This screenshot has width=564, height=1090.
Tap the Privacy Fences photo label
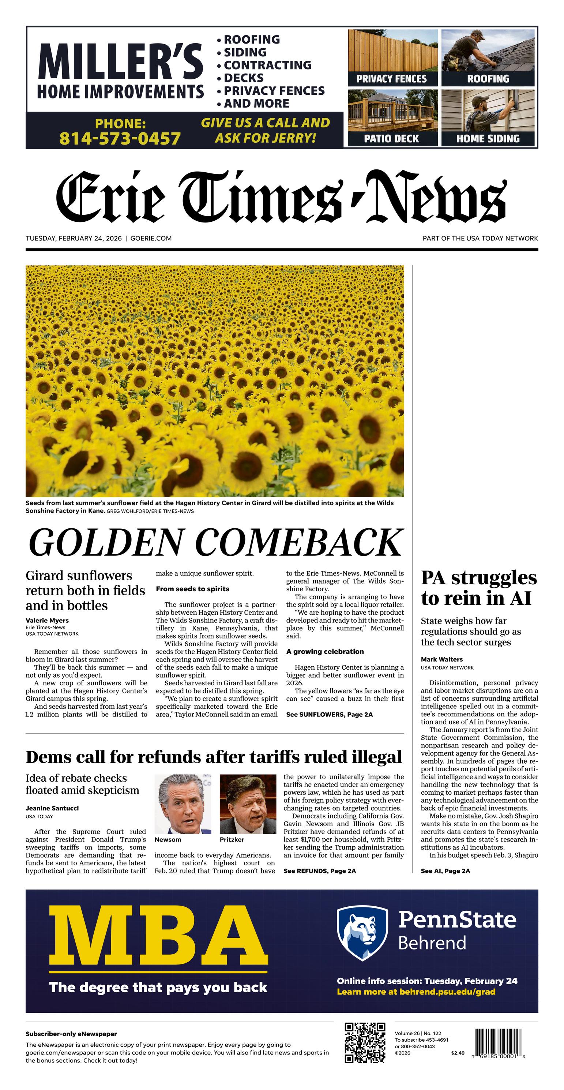point(391,79)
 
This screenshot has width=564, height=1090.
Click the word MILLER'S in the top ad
point(120,62)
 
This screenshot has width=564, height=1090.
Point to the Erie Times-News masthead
point(281,197)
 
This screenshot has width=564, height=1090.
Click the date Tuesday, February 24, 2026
point(73,238)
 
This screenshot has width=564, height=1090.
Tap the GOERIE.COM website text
point(151,238)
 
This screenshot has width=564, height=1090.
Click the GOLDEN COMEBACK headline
point(215,543)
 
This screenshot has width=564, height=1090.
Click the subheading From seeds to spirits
point(192,589)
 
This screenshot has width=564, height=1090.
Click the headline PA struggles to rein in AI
point(478,588)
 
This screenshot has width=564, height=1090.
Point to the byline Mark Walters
point(442,659)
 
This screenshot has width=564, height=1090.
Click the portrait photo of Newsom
point(183,804)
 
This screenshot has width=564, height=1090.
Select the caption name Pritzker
point(232,839)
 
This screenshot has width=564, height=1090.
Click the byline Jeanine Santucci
point(52,808)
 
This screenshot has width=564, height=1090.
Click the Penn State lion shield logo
point(362,933)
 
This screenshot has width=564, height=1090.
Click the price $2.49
point(458,1053)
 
